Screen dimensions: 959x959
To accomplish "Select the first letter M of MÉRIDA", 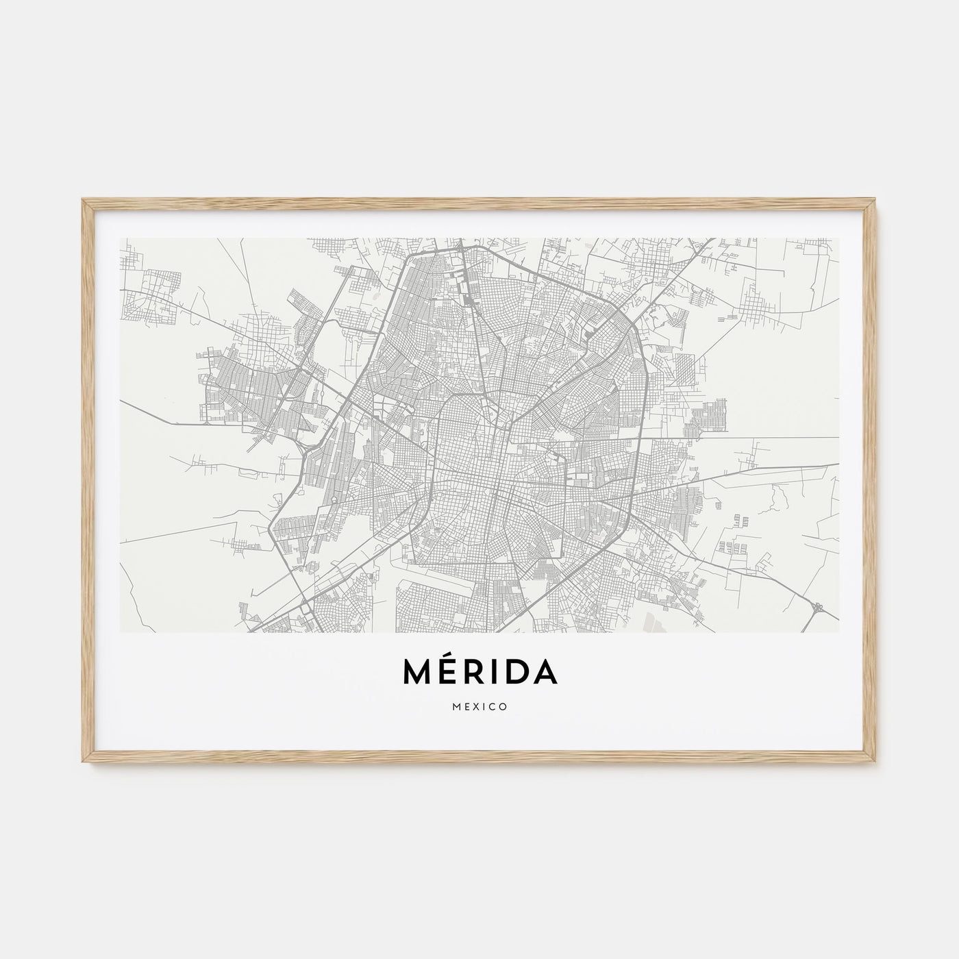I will (417, 673).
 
